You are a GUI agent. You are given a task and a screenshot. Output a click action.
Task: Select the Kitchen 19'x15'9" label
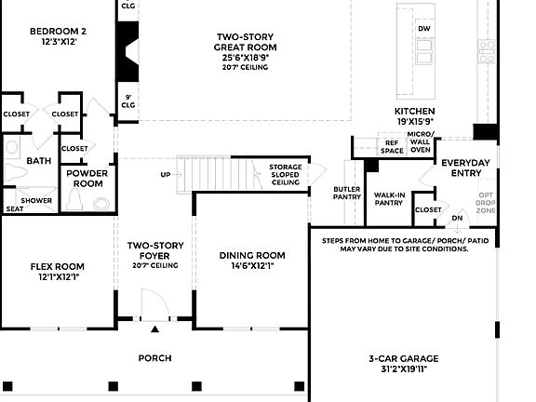[x=415, y=115]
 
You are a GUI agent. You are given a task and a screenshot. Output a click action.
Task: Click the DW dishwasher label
[x=424, y=29]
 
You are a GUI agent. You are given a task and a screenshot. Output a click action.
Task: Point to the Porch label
[x=154, y=358]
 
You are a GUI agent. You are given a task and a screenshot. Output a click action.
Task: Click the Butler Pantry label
[x=347, y=194]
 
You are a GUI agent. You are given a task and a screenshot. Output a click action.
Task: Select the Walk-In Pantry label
[x=389, y=199]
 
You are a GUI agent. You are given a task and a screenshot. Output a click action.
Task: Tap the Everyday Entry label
[x=465, y=167]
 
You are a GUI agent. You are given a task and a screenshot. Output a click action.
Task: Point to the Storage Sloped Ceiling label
[x=286, y=175]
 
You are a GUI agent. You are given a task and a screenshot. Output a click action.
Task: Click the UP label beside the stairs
[x=166, y=174]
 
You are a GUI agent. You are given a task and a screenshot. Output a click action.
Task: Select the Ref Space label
[x=392, y=146]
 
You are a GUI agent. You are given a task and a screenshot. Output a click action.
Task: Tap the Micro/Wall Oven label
[x=422, y=141]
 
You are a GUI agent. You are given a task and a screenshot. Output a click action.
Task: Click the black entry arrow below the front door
[x=155, y=328]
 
